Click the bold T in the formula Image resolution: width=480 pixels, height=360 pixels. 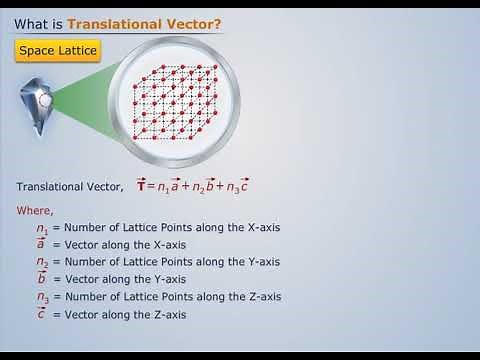pyautogui.click(x=141, y=186)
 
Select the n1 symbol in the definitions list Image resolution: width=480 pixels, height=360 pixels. pyautogui.click(x=42, y=228)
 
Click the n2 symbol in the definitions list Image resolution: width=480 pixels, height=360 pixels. pyautogui.click(x=42, y=263)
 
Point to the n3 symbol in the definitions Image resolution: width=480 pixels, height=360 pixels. pyautogui.click(x=42, y=298)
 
